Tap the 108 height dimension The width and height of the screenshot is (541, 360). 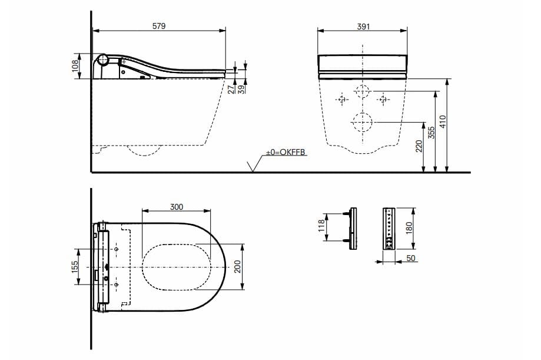click(x=75, y=65)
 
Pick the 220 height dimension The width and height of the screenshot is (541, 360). click(x=419, y=147)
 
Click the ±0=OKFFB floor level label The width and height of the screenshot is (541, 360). click(x=286, y=153)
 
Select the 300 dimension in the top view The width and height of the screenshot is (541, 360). click(x=177, y=207)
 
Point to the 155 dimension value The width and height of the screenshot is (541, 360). click(x=75, y=267)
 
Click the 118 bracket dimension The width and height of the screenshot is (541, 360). click(x=321, y=226)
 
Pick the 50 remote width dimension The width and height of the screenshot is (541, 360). click(x=410, y=257)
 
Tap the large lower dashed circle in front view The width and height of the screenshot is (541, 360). click(x=362, y=123)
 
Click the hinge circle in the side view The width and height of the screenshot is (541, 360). click(x=103, y=60)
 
